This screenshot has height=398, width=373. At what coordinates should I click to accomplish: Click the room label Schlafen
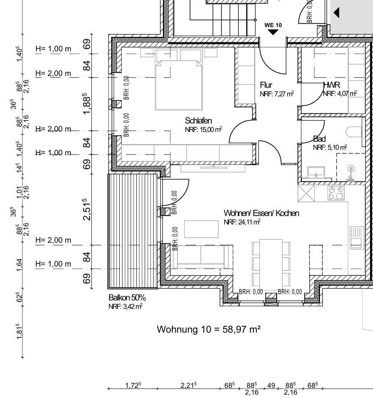(x=198, y=121)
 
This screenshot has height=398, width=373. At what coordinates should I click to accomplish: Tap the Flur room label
(x=266, y=85)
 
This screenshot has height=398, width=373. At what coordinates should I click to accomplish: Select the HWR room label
(x=331, y=85)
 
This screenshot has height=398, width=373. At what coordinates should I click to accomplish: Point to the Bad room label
(x=320, y=139)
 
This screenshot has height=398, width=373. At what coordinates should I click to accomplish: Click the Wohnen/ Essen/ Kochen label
(x=261, y=213)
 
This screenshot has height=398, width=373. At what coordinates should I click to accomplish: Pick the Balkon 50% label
(x=127, y=297)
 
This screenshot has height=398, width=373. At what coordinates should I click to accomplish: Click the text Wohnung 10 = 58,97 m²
(x=209, y=329)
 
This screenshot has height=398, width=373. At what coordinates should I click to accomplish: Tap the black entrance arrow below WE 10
(x=273, y=32)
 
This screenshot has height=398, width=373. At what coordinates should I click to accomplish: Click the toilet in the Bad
(x=354, y=132)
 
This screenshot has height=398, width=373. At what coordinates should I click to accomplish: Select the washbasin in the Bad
(x=316, y=172)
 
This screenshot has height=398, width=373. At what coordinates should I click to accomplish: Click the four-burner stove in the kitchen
(x=336, y=193)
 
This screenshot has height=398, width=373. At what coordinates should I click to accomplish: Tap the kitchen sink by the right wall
(x=357, y=238)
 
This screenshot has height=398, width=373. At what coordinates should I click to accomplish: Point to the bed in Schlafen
(x=179, y=85)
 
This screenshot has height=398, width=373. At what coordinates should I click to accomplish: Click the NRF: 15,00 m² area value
(x=204, y=129)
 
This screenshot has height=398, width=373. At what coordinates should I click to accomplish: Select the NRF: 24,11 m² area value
(x=242, y=222)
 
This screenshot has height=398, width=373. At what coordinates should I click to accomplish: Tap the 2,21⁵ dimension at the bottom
(x=189, y=385)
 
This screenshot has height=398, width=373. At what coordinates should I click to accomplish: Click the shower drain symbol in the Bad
(x=351, y=168)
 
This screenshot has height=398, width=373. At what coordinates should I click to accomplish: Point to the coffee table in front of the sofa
(x=202, y=229)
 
